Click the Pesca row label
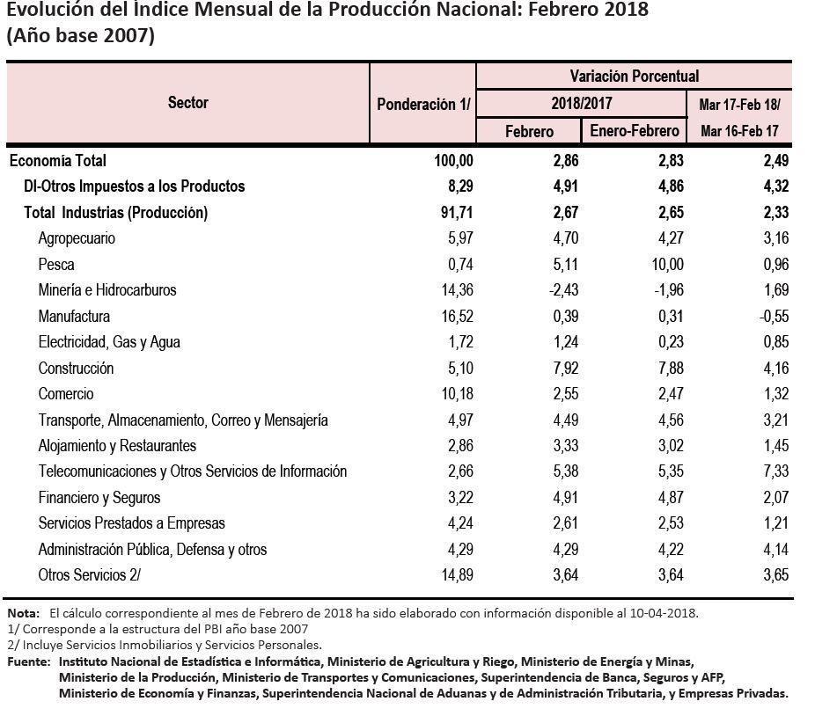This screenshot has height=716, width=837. point(56,265)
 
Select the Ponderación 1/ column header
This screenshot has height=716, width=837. point(423,104)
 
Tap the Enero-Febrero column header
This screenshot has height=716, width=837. point(635,131)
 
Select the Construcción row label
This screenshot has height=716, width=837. point(76,369)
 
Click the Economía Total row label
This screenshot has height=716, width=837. point(57,161)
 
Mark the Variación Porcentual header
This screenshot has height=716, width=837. point(634,77)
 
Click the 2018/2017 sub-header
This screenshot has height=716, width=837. point(581,104)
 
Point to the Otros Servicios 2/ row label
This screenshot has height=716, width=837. point(89,575)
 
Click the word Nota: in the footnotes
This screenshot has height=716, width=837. point(24,613)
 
